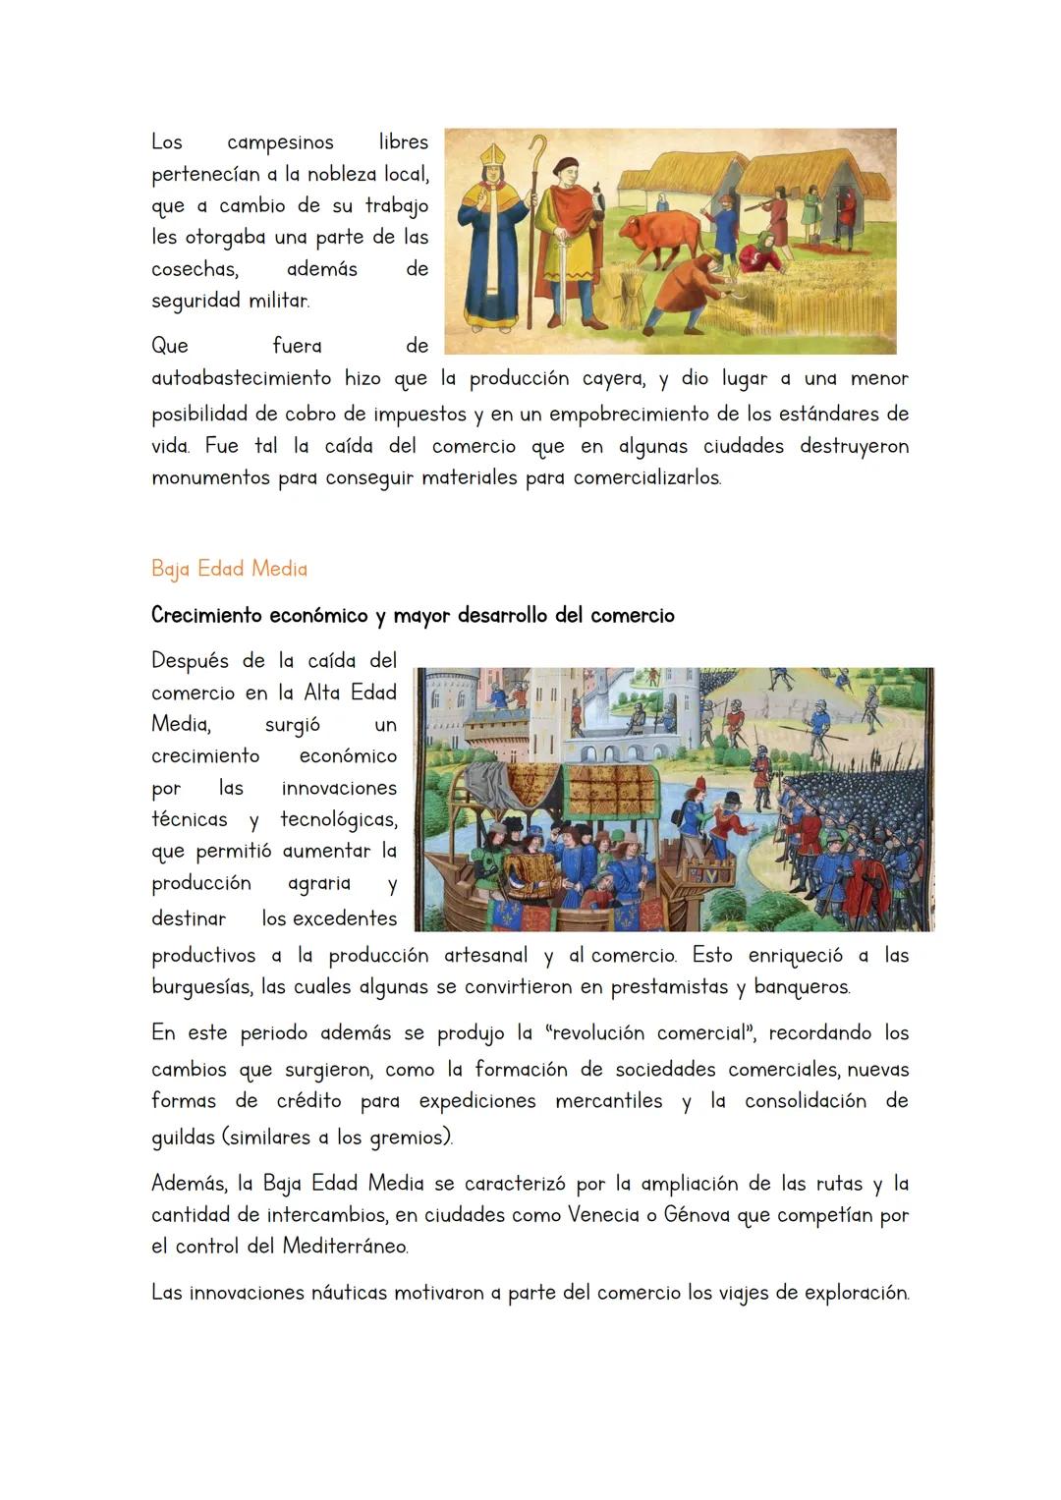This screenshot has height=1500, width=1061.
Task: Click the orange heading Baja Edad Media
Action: tap(229, 569)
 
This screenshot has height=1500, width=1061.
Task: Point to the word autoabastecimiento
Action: tap(242, 379)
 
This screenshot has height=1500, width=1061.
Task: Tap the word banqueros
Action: tap(803, 987)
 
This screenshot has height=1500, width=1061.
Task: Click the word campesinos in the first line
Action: tap(280, 142)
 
